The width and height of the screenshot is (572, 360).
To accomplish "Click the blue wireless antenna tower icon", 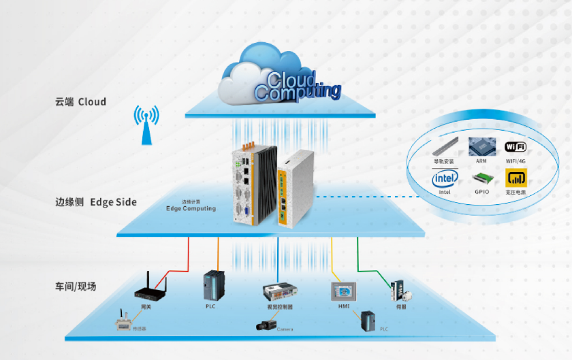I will (x=146, y=125).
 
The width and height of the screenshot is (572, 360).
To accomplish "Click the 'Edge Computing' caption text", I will (x=191, y=208).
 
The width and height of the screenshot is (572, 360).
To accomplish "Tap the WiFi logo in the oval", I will (x=515, y=148).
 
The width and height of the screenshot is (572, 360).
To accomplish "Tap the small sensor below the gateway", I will (x=123, y=322).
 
